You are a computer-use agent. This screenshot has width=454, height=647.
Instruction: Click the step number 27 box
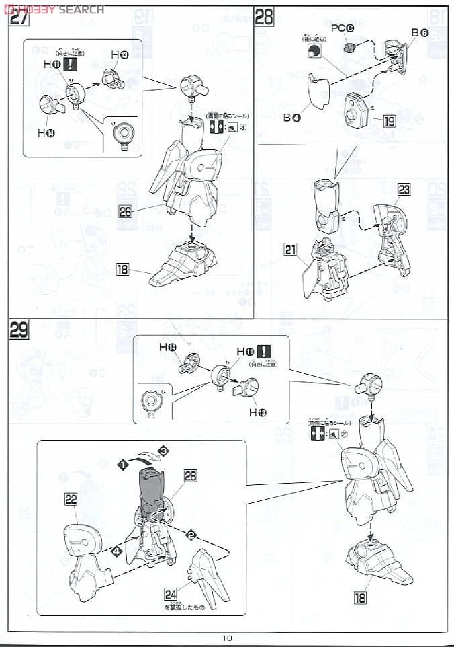[19, 17]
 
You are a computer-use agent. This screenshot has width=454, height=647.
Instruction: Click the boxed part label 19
[390, 122]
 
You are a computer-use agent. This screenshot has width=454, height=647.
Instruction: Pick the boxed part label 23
[403, 190]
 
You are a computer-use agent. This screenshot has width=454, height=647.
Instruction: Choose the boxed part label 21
[290, 250]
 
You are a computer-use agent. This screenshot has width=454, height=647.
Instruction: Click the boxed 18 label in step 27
[122, 270]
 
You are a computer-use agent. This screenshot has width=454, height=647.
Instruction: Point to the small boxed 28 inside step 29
[190, 476]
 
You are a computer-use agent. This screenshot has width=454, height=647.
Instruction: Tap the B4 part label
[291, 117]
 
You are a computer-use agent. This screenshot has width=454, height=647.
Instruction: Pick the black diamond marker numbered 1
[123, 463]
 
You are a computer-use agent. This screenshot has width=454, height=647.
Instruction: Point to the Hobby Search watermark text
[54, 9]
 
